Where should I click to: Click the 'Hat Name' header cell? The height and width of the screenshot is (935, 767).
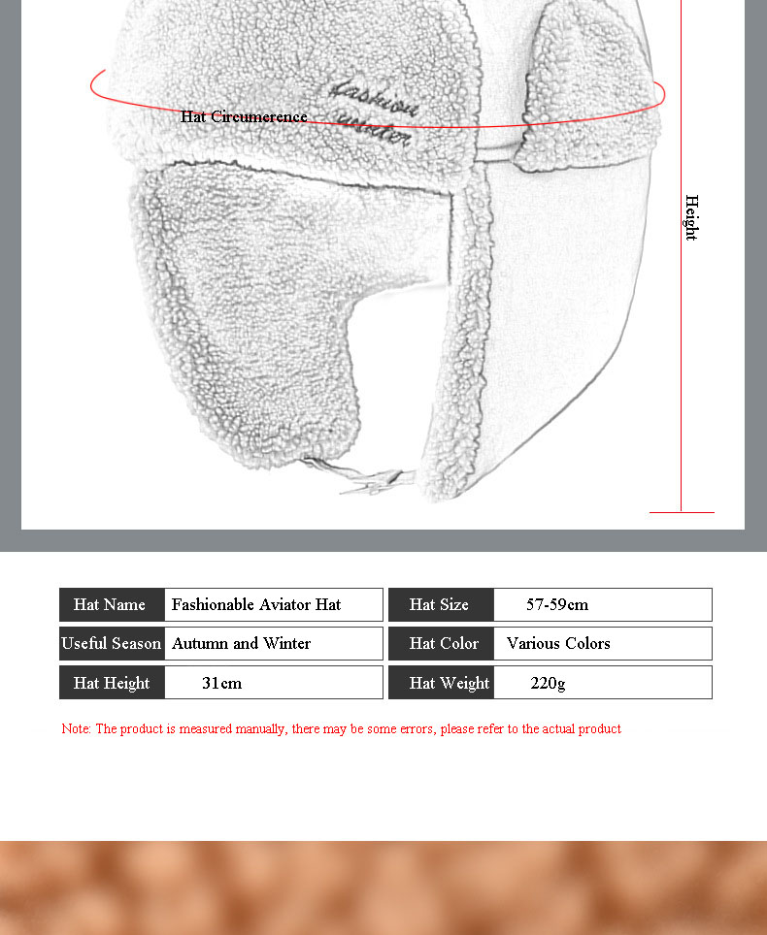click(111, 604)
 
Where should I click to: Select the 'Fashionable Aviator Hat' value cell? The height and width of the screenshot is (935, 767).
click(256, 604)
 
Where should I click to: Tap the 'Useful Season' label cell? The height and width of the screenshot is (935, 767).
click(111, 643)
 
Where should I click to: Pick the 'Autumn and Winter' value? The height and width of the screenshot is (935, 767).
click(242, 643)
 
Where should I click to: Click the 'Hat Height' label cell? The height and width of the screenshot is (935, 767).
click(111, 683)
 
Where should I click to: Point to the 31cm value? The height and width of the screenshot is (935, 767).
click(221, 683)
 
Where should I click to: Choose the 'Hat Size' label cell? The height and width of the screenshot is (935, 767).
click(440, 604)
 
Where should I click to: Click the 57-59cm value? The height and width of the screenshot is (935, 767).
click(557, 604)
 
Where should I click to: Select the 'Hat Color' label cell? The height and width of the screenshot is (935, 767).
click(444, 643)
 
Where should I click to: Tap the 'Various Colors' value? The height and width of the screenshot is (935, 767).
click(558, 643)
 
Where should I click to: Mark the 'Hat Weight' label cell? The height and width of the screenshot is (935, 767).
click(450, 683)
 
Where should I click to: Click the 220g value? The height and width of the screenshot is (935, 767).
click(548, 683)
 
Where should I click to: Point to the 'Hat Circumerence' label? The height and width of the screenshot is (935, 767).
click(244, 116)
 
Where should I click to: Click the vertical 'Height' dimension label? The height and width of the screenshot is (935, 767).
click(691, 217)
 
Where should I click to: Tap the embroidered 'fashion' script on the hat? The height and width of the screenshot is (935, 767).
click(373, 98)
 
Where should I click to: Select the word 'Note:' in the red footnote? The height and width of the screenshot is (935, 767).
click(76, 728)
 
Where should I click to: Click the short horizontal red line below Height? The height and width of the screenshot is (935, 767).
click(682, 511)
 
